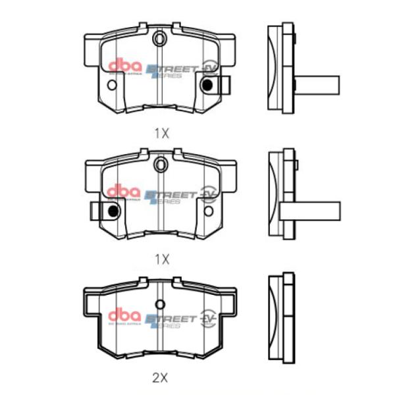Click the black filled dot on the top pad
(209, 84)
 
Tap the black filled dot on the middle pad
(113, 211)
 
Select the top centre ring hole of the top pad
(160, 39)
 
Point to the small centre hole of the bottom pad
(160, 304)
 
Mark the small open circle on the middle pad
(209, 211)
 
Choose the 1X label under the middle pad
(161, 258)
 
